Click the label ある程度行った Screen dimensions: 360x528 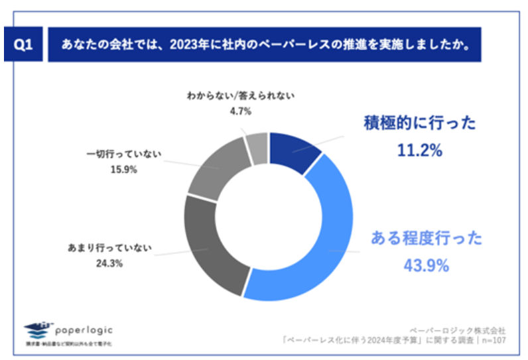pos(425,238)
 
